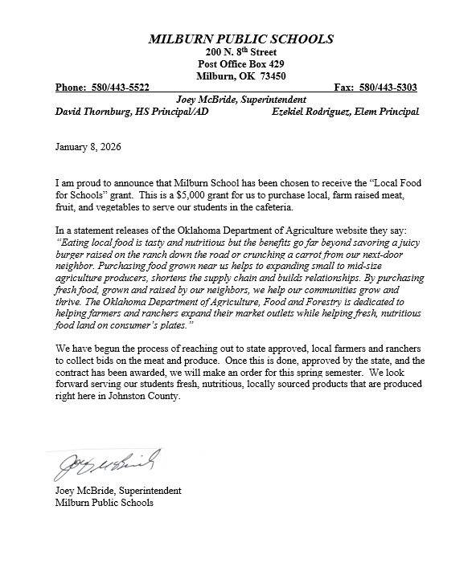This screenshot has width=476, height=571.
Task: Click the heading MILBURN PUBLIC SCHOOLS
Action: tap(241, 39)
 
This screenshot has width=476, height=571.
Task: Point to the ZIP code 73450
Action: tap(270, 76)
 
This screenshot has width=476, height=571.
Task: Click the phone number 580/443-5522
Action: tap(121, 88)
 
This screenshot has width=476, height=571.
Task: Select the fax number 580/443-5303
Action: tap(388, 88)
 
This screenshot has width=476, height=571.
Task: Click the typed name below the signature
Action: tap(118, 491)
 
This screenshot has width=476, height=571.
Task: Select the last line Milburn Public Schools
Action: tap(104, 503)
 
